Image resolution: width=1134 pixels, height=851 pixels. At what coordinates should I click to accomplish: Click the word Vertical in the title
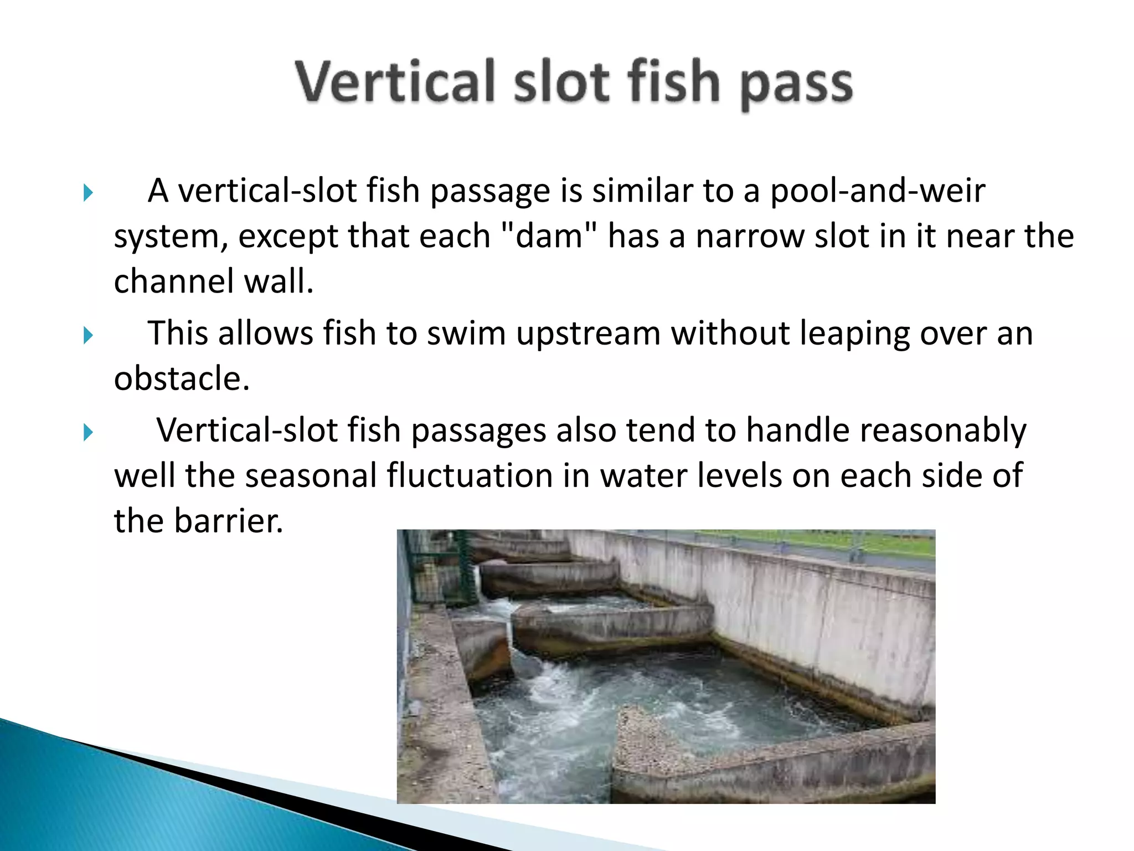pyautogui.click(x=394, y=82)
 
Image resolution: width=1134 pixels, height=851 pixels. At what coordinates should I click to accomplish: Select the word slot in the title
pyautogui.click(x=560, y=82)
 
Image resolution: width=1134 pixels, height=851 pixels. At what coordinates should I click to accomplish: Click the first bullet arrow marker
pyautogui.click(x=88, y=193)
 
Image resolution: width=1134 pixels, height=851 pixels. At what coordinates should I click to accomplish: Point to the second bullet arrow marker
pyautogui.click(x=88, y=336)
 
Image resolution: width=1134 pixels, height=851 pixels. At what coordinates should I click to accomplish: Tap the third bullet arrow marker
pyautogui.click(x=88, y=433)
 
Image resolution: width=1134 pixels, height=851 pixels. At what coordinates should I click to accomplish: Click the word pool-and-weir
pyautogui.click(x=877, y=191)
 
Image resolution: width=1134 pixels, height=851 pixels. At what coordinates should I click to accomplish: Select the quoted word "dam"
pyautogui.click(x=549, y=237)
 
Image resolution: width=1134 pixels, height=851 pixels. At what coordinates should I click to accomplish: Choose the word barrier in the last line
pyautogui.click(x=228, y=521)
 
